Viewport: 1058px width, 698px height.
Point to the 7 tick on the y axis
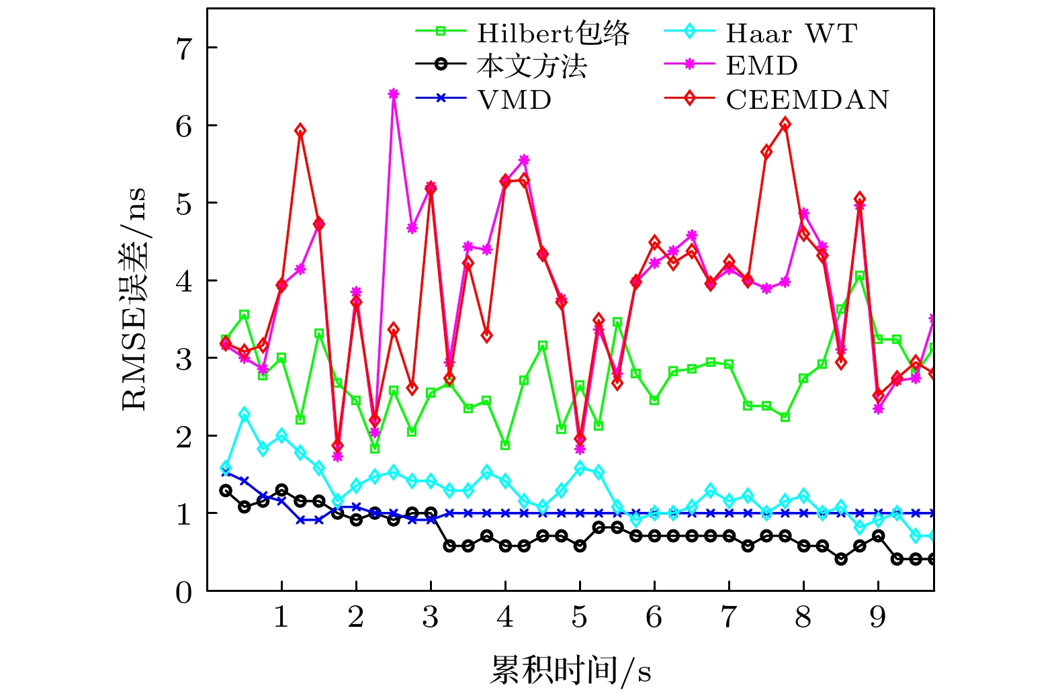point(183,48)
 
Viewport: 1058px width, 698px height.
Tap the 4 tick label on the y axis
point(183,281)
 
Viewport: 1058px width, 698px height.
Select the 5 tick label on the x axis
point(580,617)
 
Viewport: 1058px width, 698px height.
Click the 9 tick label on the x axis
point(878,617)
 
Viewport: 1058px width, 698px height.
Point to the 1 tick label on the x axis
point(281,617)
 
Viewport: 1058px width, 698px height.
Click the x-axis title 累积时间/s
point(570,670)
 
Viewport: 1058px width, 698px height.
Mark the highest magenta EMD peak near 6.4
point(394,93)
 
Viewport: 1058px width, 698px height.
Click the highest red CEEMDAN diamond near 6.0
point(785,124)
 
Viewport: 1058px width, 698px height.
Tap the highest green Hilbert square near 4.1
point(859,275)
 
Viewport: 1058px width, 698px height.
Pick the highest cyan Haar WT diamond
point(245,415)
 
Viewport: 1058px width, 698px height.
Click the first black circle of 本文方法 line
point(226,490)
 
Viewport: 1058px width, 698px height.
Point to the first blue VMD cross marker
point(226,472)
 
